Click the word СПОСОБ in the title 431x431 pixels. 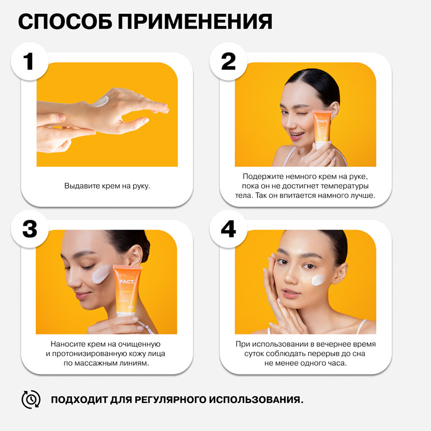tap(65, 21)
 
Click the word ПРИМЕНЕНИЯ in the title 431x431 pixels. tap(195, 21)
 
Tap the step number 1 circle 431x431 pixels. tap(30, 61)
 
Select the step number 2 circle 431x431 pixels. tap(229, 61)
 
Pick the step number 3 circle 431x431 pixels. tap(30, 229)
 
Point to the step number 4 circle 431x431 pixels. tap(229, 229)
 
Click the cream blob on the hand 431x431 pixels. tap(100, 102)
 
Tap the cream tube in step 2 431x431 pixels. tap(322, 129)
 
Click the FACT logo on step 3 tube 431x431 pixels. tap(127, 282)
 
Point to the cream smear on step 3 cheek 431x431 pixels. tap(101, 274)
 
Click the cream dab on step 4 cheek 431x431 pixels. tap(318, 280)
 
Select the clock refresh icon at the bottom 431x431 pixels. tap(31, 399)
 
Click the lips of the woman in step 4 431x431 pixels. tap(291, 294)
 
